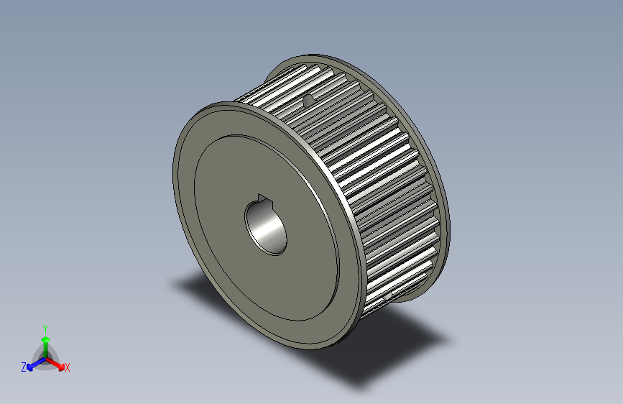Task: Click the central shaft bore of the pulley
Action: coord(267,227)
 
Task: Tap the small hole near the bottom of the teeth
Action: coord(388,295)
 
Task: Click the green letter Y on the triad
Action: coord(45,327)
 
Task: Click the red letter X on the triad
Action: coord(68,367)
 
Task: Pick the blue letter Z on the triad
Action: coord(24,367)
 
